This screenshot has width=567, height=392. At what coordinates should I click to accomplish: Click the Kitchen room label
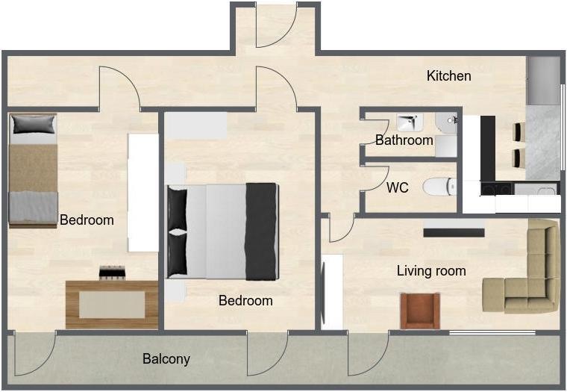[x=449, y=76]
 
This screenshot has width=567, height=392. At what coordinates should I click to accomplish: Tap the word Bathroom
[x=404, y=140]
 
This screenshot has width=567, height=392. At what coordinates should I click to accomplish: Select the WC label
[x=398, y=187]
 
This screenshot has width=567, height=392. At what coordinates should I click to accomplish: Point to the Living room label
[x=431, y=271]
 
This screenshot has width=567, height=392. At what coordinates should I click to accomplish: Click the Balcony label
[x=166, y=358]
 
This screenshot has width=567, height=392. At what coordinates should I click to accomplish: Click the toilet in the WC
[x=439, y=187]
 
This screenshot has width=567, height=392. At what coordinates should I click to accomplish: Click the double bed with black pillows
[x=222, y=231]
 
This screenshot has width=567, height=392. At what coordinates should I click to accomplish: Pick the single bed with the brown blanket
[x=33, y=170]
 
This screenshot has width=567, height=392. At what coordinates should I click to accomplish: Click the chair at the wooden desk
[x=113, y=273]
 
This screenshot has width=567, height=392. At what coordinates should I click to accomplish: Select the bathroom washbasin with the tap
[x=410, y=122]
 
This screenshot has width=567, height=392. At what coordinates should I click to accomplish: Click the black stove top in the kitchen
[x=496, y=189]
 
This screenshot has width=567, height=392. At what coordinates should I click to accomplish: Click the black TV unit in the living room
[x=454, y=232]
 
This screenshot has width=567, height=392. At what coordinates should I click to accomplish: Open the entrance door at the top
[x=277, y=25]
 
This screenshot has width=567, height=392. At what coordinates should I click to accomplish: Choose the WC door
[x=376, y=178]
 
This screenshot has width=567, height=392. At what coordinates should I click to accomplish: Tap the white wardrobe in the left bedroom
[x=143, y=193]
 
